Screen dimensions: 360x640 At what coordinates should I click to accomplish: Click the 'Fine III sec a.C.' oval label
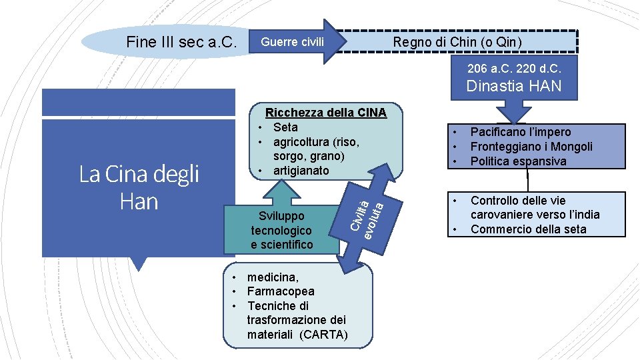tap(181, 42)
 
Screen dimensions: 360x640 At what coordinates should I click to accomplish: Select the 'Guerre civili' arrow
tap(293, 42)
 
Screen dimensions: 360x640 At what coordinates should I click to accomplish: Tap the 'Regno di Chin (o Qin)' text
tap(457, 42)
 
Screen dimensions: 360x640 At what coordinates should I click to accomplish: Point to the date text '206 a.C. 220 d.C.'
tap(514, 69)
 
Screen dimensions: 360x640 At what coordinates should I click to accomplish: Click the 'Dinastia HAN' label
tap(514, 86)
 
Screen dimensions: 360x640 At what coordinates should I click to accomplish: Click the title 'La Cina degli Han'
tap(139, 187)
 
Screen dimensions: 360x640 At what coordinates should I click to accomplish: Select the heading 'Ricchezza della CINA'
tap(325, 113)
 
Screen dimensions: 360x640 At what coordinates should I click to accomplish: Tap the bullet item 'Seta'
tap(285, 127)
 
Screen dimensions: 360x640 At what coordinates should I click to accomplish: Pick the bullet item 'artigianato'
tap(301, 171)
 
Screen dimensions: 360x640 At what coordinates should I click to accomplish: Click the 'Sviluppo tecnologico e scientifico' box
tap(281, 230)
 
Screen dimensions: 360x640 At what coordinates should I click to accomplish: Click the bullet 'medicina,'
tap(273, 277)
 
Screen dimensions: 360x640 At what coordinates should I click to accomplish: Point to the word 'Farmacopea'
tap(281, 291)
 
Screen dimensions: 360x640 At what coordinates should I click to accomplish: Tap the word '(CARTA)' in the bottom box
tap(323, 335)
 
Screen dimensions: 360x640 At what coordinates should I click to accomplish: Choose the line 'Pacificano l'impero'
tap(521, 132)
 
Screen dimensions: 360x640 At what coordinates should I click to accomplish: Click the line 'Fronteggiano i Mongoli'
tap(531, 147)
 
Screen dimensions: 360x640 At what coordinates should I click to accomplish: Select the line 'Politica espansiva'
tap(518, 161)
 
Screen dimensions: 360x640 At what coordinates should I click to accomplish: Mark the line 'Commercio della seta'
tap(528, 229)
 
